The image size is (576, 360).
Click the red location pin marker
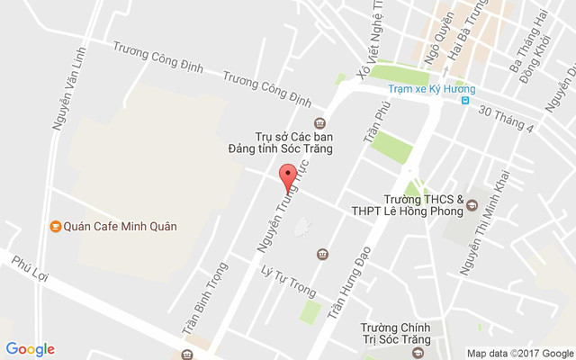click(288, 177)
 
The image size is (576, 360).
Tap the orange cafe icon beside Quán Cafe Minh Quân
click(55, 226)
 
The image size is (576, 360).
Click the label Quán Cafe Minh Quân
click(120, 226)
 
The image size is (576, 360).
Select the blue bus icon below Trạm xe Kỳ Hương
click(465, 101)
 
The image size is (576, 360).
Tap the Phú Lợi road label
click(29, 269)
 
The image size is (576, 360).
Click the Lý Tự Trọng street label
click(287, 279)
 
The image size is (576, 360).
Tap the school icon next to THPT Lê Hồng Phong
click(471, 209)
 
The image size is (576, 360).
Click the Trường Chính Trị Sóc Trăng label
click(396, 334)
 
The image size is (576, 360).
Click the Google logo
click(31, 349)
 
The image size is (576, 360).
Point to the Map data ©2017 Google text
click(519, 353)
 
